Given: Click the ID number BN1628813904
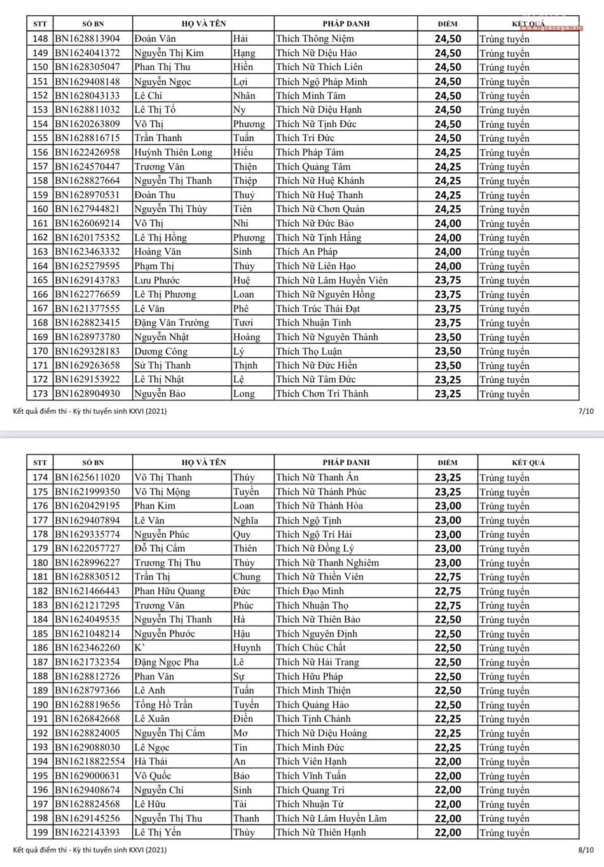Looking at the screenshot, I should [87, 39].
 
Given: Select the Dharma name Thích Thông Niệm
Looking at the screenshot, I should [315, 39].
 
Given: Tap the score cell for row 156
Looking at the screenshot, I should [448, 153].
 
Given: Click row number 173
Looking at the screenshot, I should [40, 394].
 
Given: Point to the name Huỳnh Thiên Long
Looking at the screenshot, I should [173, 153].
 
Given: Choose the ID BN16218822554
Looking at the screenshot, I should [90, 761].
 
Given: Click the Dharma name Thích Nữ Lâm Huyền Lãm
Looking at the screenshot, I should [331, 819].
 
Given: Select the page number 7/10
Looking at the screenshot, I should [586, 411].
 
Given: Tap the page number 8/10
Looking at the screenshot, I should [586, 849].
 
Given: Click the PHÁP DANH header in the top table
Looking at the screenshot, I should [346, 24].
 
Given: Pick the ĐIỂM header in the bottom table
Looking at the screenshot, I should [448, 463].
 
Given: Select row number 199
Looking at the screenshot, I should [40, 833].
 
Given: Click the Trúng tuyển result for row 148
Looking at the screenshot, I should [504, 39].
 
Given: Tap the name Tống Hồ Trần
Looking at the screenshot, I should [163, 705].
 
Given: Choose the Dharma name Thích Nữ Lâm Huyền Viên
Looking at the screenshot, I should [331, 280].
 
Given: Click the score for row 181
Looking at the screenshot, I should [448, 577].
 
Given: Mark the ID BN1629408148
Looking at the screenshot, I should [87, 81].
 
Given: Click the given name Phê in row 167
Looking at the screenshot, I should [240, 309].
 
